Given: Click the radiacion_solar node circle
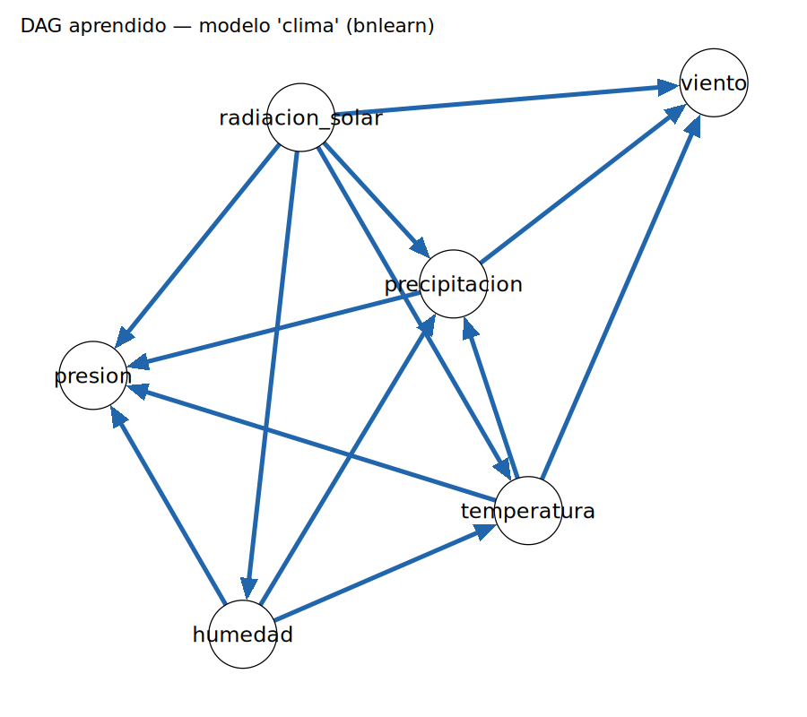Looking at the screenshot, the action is pos(300,117).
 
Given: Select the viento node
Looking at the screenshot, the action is pos(714,82).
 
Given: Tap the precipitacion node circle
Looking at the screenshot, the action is pos(453,284).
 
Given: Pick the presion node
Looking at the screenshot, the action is pos(93,376).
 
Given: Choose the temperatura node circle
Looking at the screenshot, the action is pos(528,511).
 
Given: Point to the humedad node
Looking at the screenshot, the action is pos(243,635).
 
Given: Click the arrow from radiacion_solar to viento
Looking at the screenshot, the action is pos(507,99).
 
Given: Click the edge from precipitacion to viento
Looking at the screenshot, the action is pos(583,184).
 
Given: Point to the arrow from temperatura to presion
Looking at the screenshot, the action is pos(311,443).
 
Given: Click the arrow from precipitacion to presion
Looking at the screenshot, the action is pos(273,330).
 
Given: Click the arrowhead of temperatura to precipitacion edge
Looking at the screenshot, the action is pos(469,328).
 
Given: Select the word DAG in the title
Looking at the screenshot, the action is pos(42,25).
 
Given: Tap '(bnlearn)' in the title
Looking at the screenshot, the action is pos(390,26).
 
